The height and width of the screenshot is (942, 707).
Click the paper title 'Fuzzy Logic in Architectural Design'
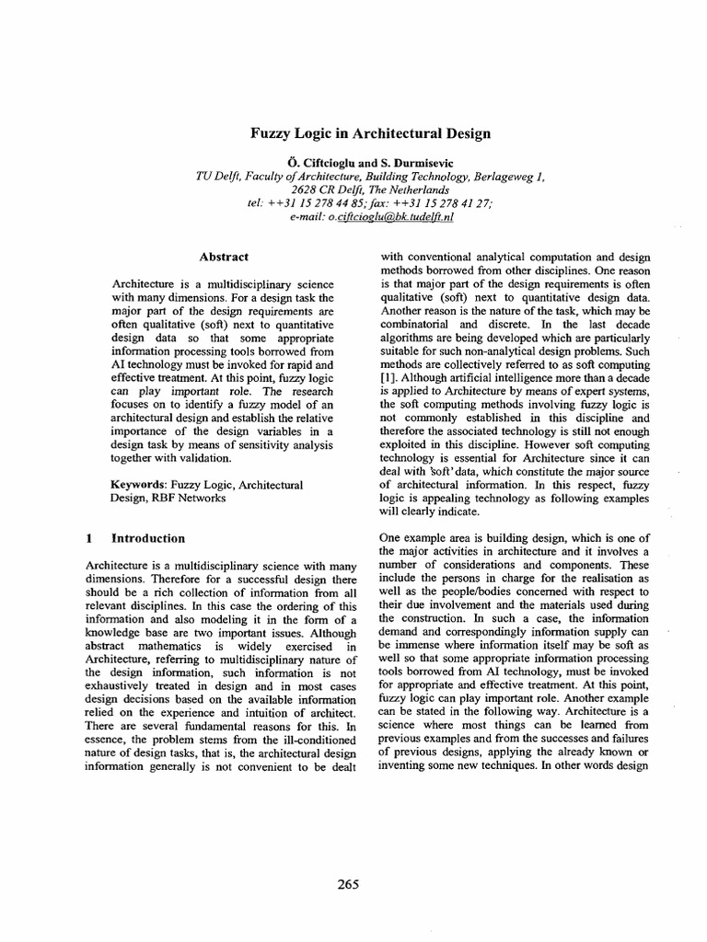tap(371, 133)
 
